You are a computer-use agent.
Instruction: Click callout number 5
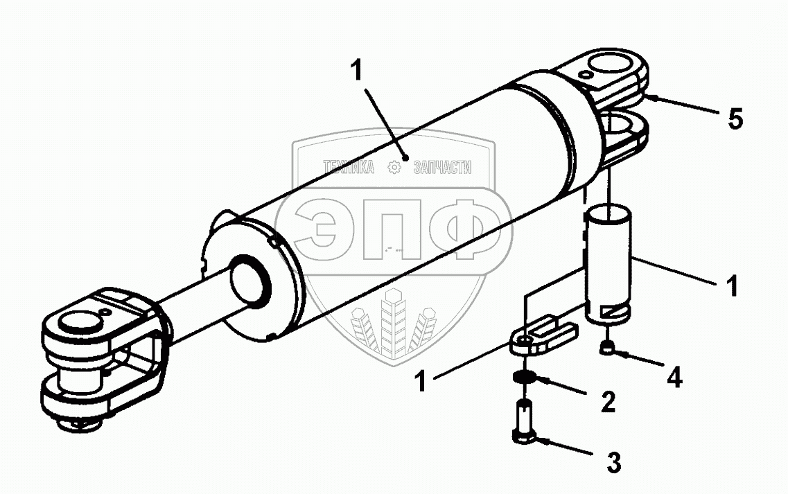click(735, 119)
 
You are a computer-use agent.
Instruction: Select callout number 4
click(674, 377)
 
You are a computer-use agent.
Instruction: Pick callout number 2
click(608, 401)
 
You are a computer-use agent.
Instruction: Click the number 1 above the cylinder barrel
click(356, 70)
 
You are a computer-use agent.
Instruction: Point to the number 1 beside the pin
click(733, 285)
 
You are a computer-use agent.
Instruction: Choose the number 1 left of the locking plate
click(421, 380)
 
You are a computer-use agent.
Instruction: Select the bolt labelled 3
click(524, 421)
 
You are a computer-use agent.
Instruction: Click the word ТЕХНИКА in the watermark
click(349, 168)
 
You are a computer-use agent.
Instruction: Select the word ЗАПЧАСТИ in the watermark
click(442, 168)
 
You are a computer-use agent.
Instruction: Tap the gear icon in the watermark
click(394, 168)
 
